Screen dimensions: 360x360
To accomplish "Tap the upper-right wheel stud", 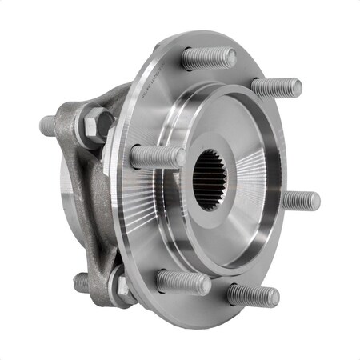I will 277,87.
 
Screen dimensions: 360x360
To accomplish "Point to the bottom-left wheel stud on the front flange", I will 183,282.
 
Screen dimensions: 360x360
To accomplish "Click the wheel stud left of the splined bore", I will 157,157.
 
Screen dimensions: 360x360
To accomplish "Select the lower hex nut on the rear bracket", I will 120,282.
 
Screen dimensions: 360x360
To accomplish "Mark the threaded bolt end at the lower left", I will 82,282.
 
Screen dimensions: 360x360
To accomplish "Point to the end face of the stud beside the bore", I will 179,158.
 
